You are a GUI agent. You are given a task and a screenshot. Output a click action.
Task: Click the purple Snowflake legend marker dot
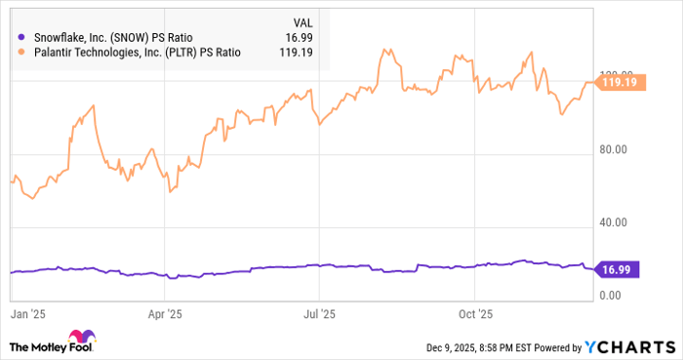21,37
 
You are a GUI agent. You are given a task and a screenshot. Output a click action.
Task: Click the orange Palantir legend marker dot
21,53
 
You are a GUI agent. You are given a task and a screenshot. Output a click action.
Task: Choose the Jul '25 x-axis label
319,314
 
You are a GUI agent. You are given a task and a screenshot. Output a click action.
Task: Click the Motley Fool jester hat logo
81,339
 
